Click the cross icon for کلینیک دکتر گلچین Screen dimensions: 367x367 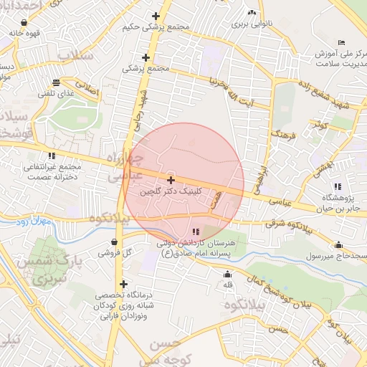(171, 180)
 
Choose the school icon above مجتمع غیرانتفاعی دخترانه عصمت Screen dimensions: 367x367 (51, 155)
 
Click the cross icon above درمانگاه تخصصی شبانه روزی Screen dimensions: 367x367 (124, 284)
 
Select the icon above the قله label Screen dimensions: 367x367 (228, 274)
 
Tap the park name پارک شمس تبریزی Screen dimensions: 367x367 (42, 269)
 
